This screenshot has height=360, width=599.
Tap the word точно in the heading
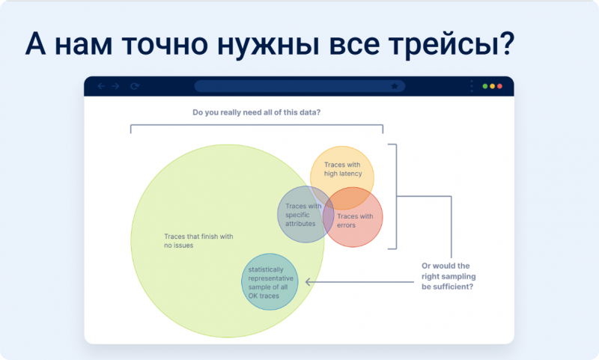165,44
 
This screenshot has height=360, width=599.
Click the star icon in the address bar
395,86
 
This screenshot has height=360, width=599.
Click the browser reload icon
135,86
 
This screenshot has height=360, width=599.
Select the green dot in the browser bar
484,86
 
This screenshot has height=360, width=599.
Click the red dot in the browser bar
499,86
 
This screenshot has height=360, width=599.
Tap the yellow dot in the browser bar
493,86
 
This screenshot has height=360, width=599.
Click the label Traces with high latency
343,169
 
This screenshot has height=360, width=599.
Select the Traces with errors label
355,221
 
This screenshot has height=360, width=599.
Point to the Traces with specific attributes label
303,215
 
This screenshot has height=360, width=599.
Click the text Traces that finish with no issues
198,241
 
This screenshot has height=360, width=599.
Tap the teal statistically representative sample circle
270,281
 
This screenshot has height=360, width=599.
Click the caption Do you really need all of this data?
256,112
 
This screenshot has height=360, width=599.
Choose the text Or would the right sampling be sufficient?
449,276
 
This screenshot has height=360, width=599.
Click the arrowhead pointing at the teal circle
308,282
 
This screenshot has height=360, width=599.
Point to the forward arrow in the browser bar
115,86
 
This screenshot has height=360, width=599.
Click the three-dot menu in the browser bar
472,86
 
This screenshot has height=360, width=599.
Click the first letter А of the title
35,44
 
